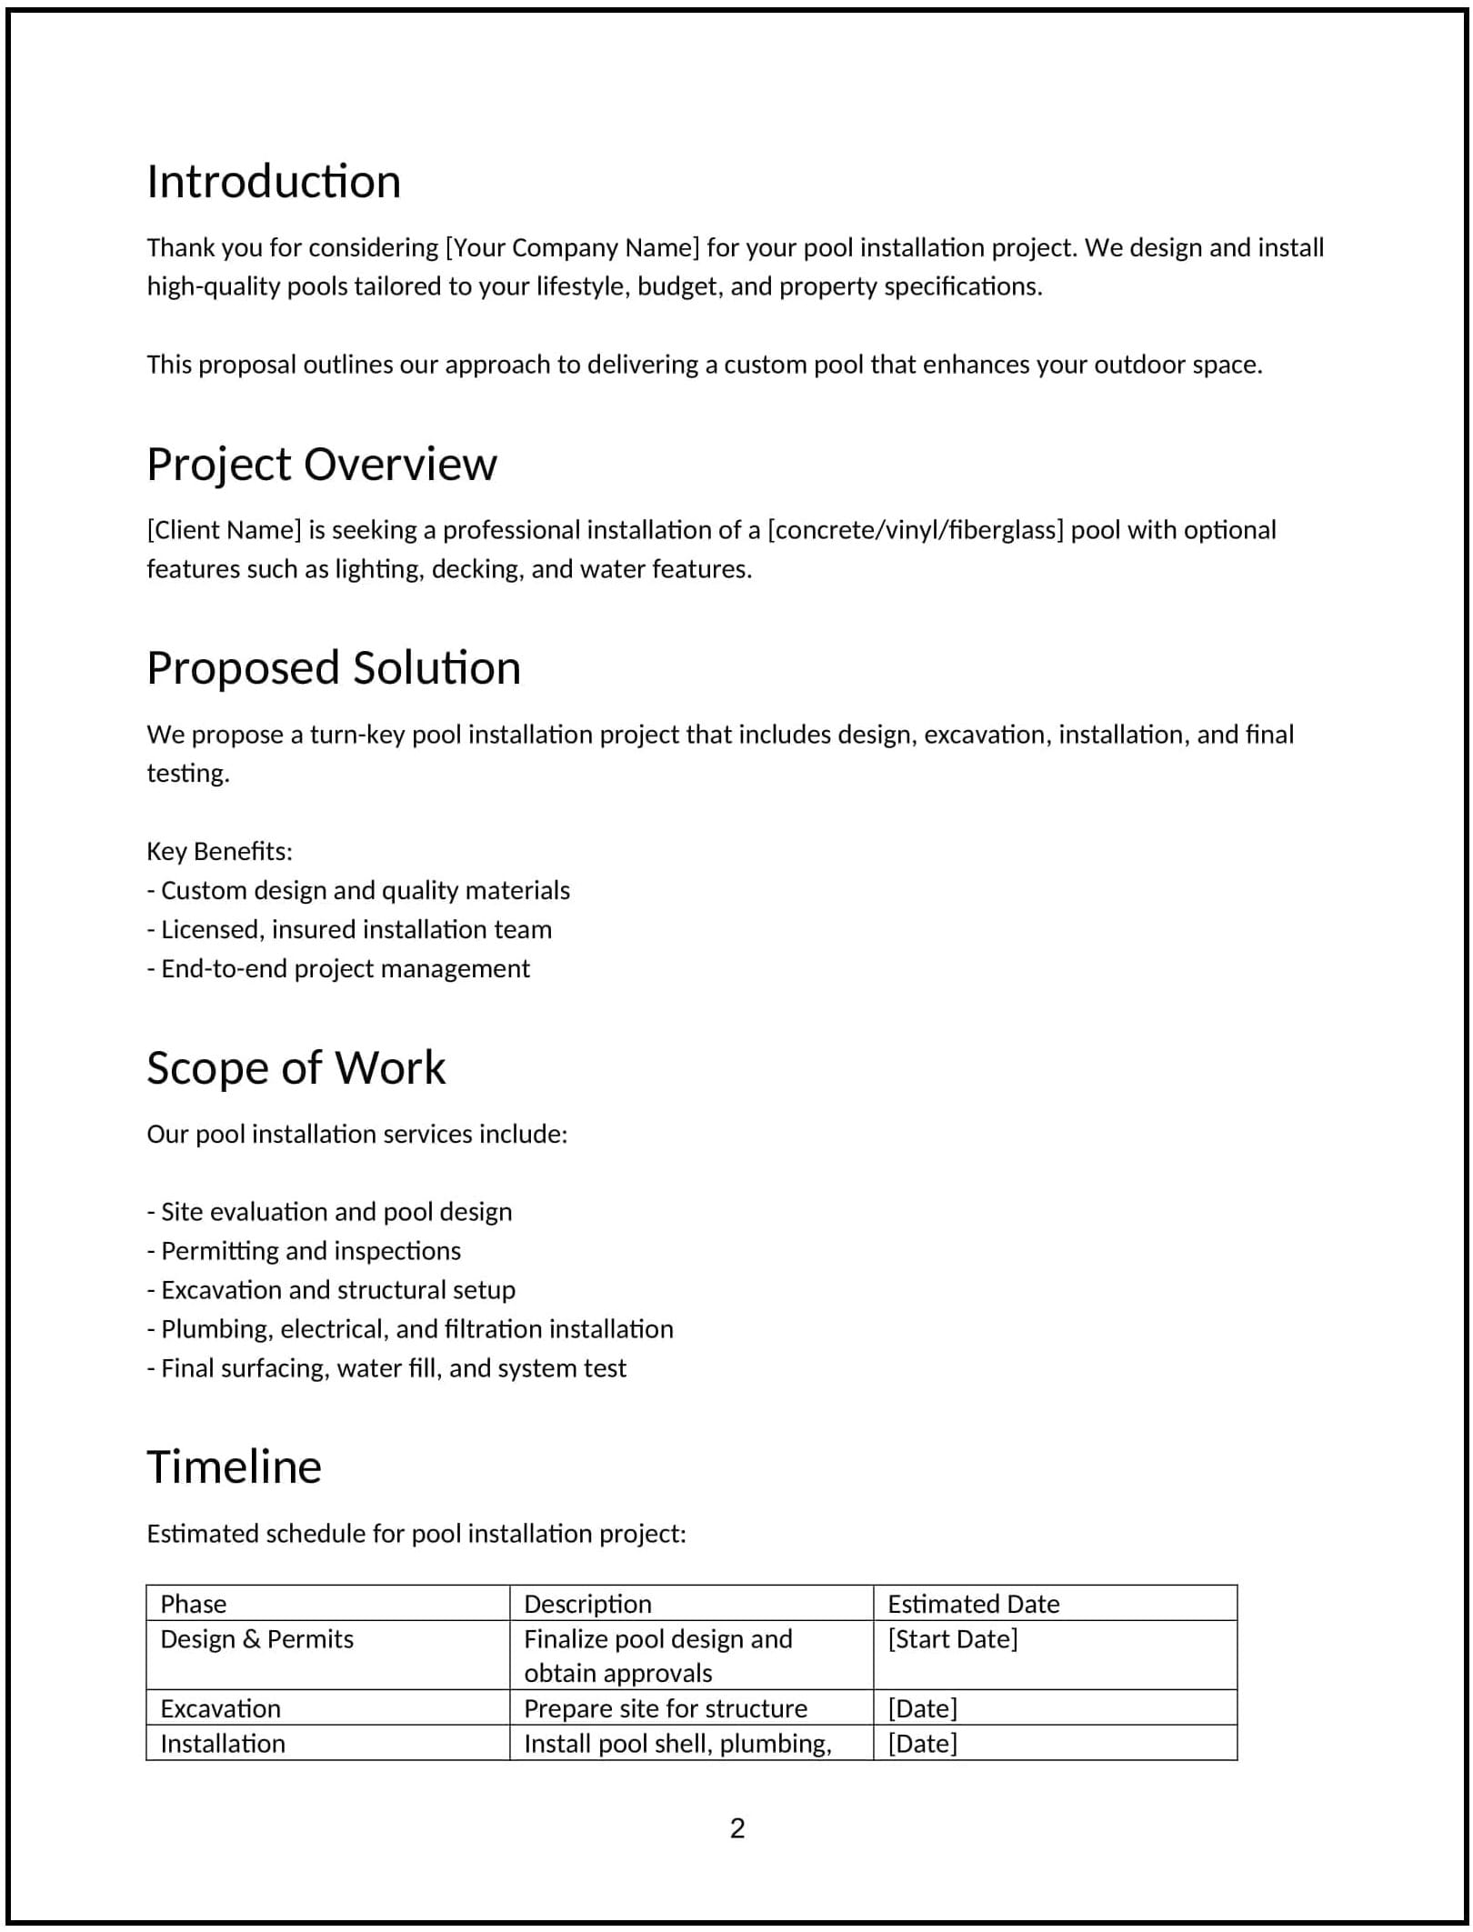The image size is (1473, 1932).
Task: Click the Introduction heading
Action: point(274,182)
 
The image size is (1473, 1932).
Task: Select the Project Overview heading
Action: point(322,465)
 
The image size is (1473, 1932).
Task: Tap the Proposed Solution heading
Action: point(334,668)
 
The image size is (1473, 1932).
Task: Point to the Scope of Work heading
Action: point(296,1068)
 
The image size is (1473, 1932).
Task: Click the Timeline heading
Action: point(234,1467)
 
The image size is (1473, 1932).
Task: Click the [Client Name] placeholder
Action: point(224,530)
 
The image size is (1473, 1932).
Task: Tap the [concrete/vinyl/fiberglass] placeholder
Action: point(915,530)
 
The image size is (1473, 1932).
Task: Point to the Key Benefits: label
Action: point(219,852)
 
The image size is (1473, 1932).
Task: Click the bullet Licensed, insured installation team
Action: point(350,930)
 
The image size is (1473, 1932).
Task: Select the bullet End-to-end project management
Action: point(338,969)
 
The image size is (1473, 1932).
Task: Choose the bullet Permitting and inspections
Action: point(305,1252)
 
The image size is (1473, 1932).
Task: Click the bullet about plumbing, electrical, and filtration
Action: point(410,1330)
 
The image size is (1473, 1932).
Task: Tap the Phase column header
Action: point(194,1605)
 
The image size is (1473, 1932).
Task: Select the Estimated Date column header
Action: point(973,1605)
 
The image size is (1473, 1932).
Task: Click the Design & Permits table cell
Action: point(257,1640)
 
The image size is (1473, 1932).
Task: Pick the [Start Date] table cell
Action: point(952,1640)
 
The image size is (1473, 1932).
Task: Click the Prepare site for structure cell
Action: point(665,1709)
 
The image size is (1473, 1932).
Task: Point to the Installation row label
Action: point(223,1745)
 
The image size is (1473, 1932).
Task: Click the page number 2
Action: point(736,1828)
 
